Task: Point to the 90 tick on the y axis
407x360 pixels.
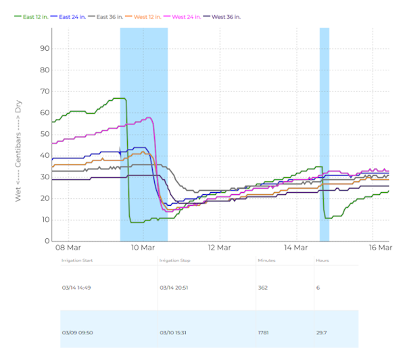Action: click(x=45, y=48)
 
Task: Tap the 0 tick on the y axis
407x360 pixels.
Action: click(x=47, y=241)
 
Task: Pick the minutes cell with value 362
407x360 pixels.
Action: click(x=263, y=287)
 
